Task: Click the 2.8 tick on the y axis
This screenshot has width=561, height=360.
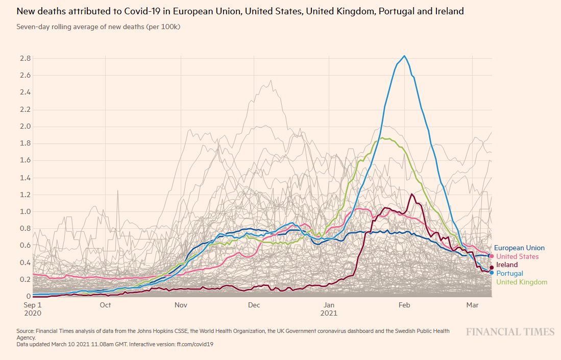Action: point(25,59)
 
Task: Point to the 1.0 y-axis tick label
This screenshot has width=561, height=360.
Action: point(25,212)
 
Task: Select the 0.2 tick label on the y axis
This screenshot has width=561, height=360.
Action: point(25,280)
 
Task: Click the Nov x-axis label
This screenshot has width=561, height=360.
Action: point(181,305)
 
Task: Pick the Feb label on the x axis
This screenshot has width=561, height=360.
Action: point(404,305)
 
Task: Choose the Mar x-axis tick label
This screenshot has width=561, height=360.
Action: point(472,305)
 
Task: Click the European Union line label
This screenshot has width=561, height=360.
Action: point(519,248)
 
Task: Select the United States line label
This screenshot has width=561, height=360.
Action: point(517,257)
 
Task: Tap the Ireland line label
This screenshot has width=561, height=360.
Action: point(507,265)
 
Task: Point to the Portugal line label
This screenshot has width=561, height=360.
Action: point(509,274)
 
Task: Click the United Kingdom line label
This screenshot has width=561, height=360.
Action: point(522,282)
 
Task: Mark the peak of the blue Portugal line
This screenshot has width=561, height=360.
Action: point(404,56)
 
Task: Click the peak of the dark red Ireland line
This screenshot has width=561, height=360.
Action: point(411,194)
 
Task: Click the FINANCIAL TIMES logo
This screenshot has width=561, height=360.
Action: point(509,332)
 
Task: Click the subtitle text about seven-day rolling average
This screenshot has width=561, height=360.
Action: point(98,27)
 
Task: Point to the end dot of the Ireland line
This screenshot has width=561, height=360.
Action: point(492,267)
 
